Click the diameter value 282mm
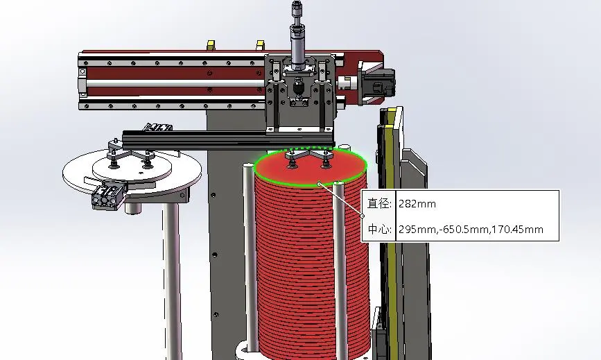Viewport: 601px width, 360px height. coord(417,203)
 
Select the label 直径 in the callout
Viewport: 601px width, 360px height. coord(379,203)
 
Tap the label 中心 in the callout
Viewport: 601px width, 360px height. coord(379,230)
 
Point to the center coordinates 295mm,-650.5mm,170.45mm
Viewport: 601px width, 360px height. coord(471,230)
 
